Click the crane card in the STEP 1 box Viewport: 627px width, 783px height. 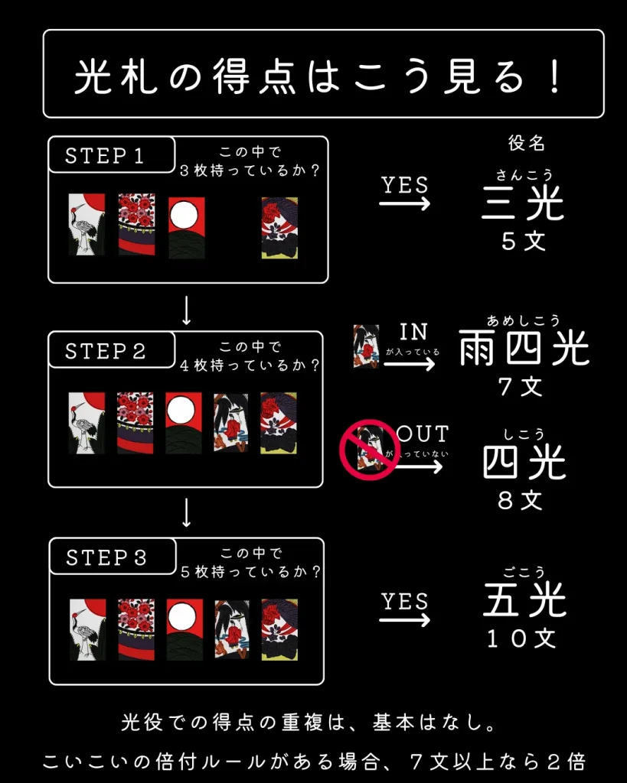[87, 224]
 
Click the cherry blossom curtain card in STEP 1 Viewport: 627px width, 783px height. [136, 224]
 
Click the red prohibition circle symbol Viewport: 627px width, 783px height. [370, 450]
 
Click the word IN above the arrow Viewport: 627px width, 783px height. [413, 332]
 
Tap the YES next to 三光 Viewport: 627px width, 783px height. [405, 185]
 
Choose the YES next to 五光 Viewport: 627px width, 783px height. [405, 602]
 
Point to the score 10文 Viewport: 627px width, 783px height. [523, 638]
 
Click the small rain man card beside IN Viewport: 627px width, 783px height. [366, 346]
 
